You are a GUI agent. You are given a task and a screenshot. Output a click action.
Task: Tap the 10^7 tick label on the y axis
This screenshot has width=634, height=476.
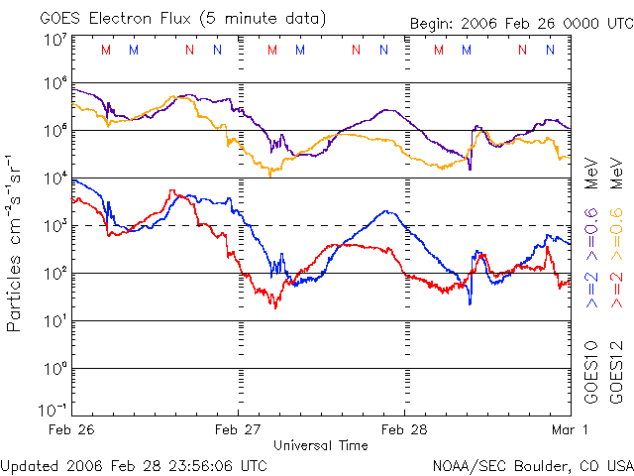point(53,41)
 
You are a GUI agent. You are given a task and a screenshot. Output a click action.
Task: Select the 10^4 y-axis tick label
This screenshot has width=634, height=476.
point(53,179)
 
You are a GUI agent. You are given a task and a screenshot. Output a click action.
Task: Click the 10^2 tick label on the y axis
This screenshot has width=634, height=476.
point(53,275)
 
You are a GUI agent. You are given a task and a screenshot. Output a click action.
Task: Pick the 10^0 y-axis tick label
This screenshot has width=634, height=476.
point(53,370)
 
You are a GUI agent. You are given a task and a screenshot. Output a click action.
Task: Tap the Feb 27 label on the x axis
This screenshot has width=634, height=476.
point(239,429)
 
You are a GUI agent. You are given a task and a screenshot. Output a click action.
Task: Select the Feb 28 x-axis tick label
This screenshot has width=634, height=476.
point(405,429)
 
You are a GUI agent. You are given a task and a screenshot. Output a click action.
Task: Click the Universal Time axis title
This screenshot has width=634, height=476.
point(321,445)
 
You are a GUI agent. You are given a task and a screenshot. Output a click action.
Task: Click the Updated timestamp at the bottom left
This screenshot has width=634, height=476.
point(134,464)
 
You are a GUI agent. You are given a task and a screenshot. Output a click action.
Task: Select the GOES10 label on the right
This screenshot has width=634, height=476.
point(591,372)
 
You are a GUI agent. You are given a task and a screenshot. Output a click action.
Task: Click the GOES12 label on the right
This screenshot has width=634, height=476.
point(616,372)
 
